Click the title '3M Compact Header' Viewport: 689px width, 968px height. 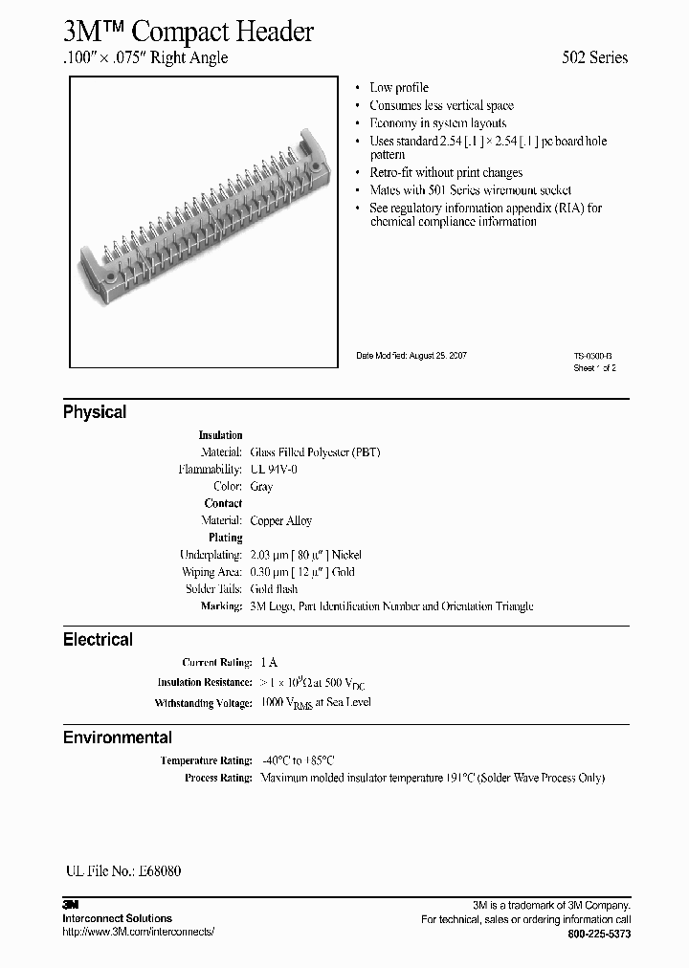189,32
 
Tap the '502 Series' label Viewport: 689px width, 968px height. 594,57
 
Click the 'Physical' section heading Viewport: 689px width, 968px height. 95,412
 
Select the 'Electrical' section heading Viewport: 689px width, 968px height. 98,639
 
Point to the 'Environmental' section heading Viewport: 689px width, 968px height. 118,737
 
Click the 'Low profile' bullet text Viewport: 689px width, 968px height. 399,88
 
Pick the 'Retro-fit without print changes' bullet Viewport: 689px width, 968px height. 446,173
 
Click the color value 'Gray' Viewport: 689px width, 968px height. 261,487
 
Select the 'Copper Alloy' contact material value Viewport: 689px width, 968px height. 281,521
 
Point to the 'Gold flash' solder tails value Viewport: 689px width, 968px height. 274,589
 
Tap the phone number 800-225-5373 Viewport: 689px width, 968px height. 599,933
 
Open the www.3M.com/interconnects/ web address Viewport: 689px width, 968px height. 138,932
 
